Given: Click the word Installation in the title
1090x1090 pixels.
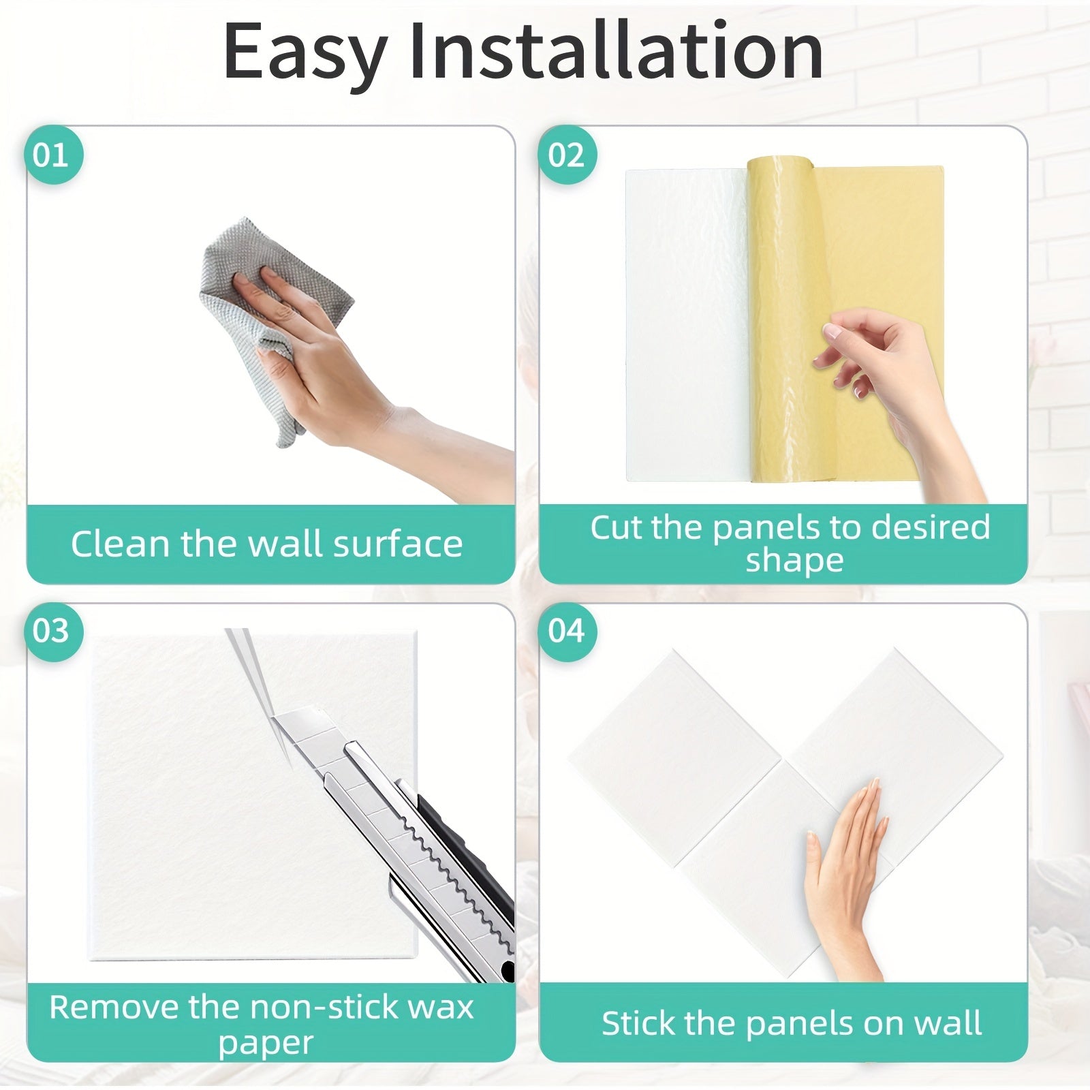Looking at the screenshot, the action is coord(616,51).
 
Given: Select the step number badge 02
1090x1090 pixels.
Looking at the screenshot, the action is coord(566,155).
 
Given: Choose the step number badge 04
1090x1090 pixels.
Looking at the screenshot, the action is coord(566,631).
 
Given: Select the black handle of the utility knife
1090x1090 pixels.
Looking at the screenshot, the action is coord(470,879).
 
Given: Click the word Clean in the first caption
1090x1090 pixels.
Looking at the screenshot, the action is coord(121,544).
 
